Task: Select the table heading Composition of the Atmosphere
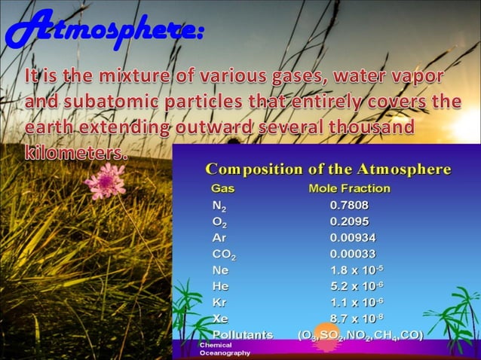tap(329, 169)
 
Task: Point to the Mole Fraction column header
tap(349, 188)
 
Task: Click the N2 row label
tap(219, 205)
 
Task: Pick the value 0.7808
tap(350, 204)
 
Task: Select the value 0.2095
tap(350, 221)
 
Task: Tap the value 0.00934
tap(353, 237)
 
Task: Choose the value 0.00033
tap(353, 254)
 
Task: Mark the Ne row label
tap(220, 270)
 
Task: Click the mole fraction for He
tap(357, 285)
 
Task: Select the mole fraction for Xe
tap(357, 318)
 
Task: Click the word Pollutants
tap(243, 334)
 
